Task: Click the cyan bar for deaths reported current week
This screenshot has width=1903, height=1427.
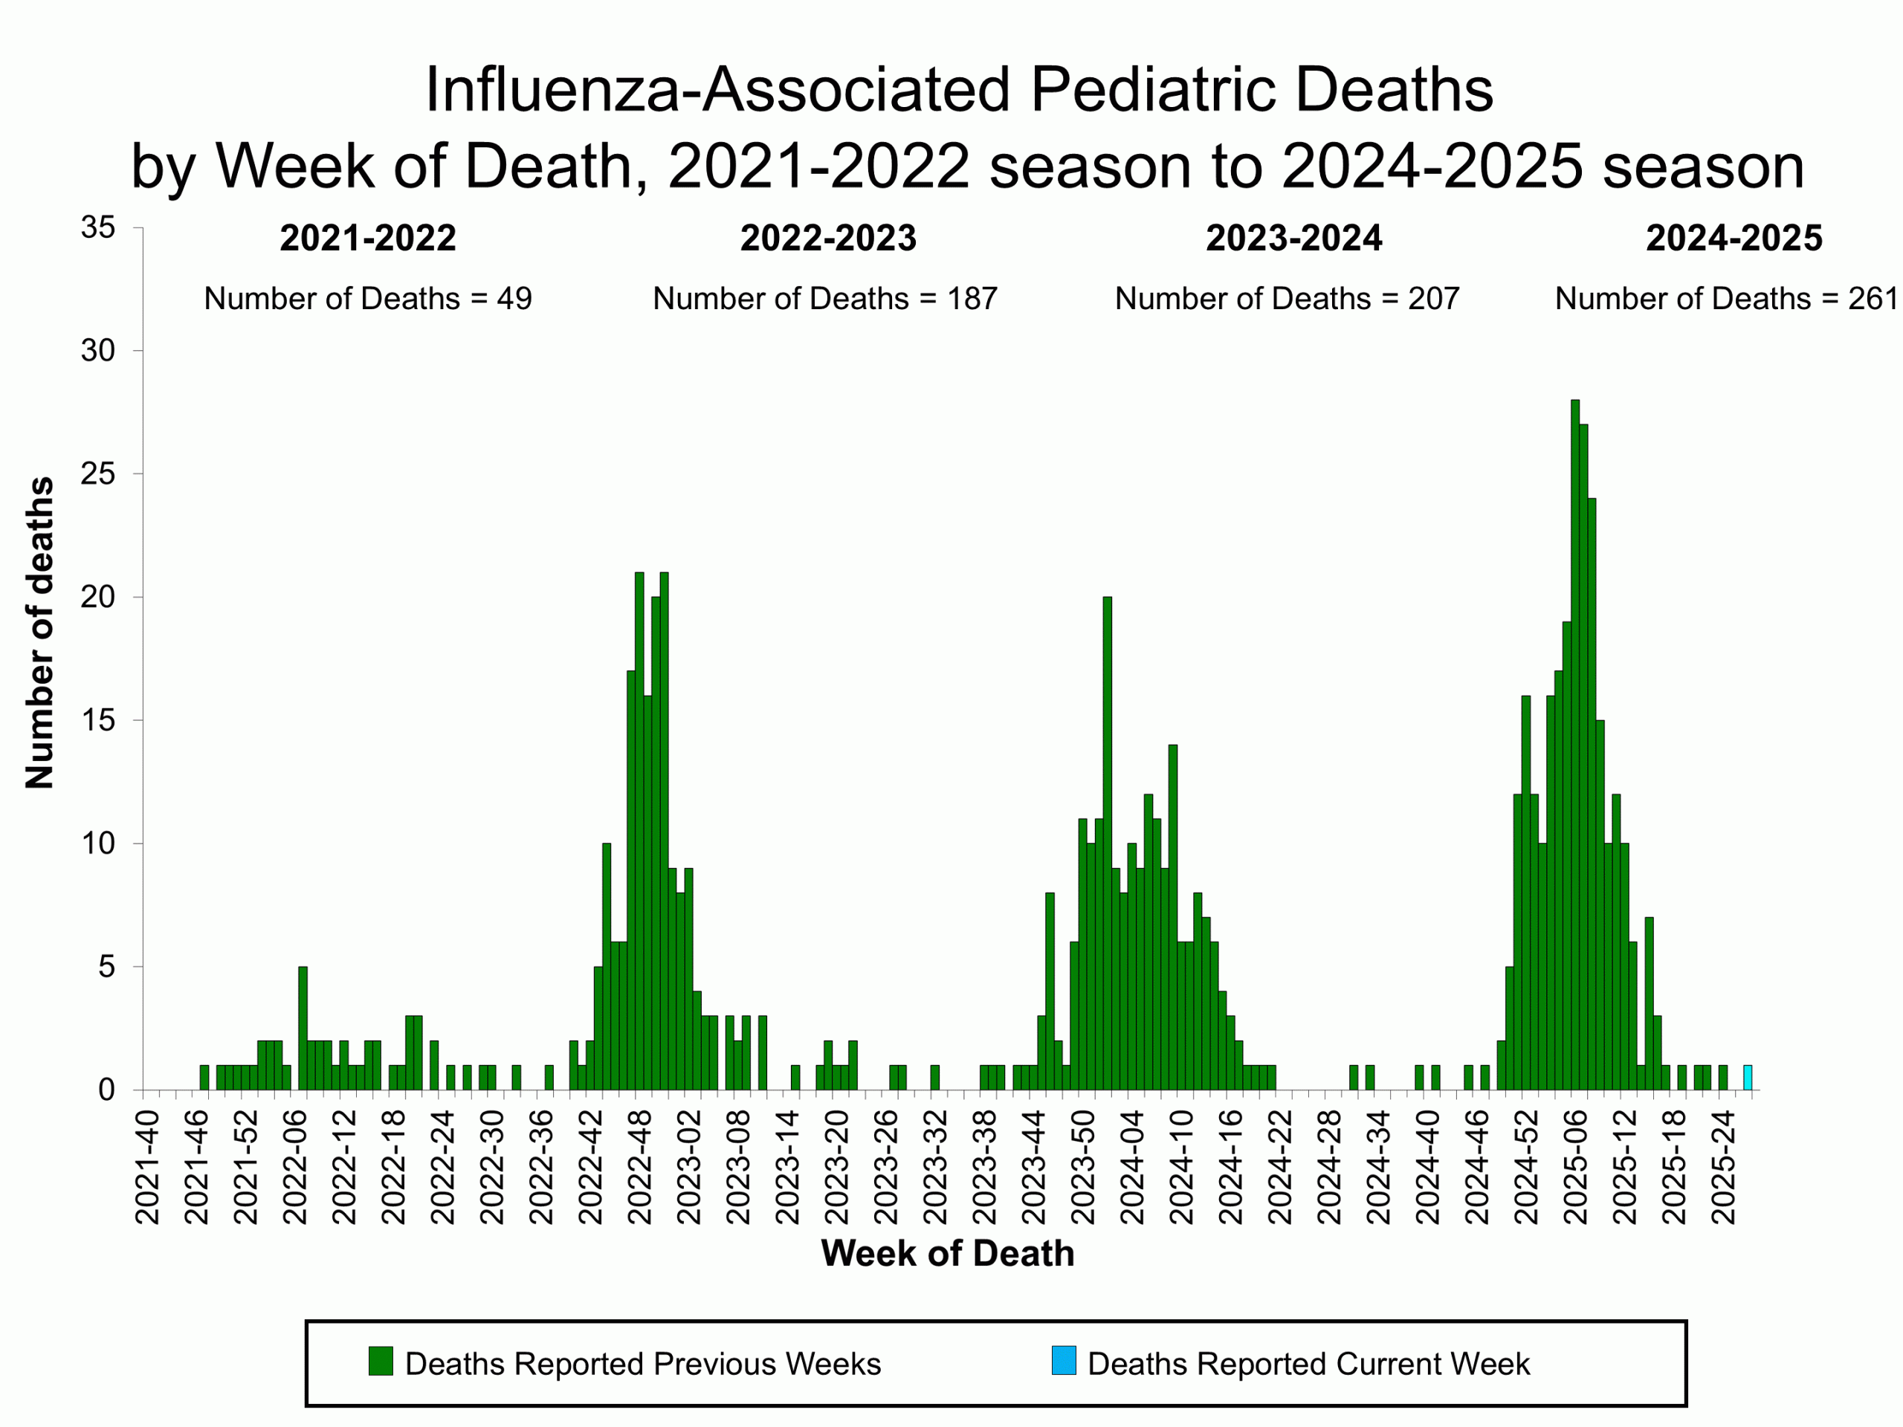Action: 1748,1078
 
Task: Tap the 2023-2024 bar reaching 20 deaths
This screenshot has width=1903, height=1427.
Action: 1107,843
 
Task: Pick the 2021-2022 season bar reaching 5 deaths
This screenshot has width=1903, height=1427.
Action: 303,1028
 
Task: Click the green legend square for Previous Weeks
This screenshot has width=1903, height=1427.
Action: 381,1361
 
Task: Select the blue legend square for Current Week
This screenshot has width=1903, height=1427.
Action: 1063,1361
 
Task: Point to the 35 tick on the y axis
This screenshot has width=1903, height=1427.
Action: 98,228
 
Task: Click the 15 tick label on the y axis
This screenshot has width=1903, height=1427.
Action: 98,721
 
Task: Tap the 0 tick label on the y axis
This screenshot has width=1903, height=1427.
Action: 106,1090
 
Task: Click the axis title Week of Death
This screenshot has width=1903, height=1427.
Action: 947,1253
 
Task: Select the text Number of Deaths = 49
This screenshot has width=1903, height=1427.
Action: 367,299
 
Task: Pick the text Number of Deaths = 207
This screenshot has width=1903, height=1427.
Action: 1286,299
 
